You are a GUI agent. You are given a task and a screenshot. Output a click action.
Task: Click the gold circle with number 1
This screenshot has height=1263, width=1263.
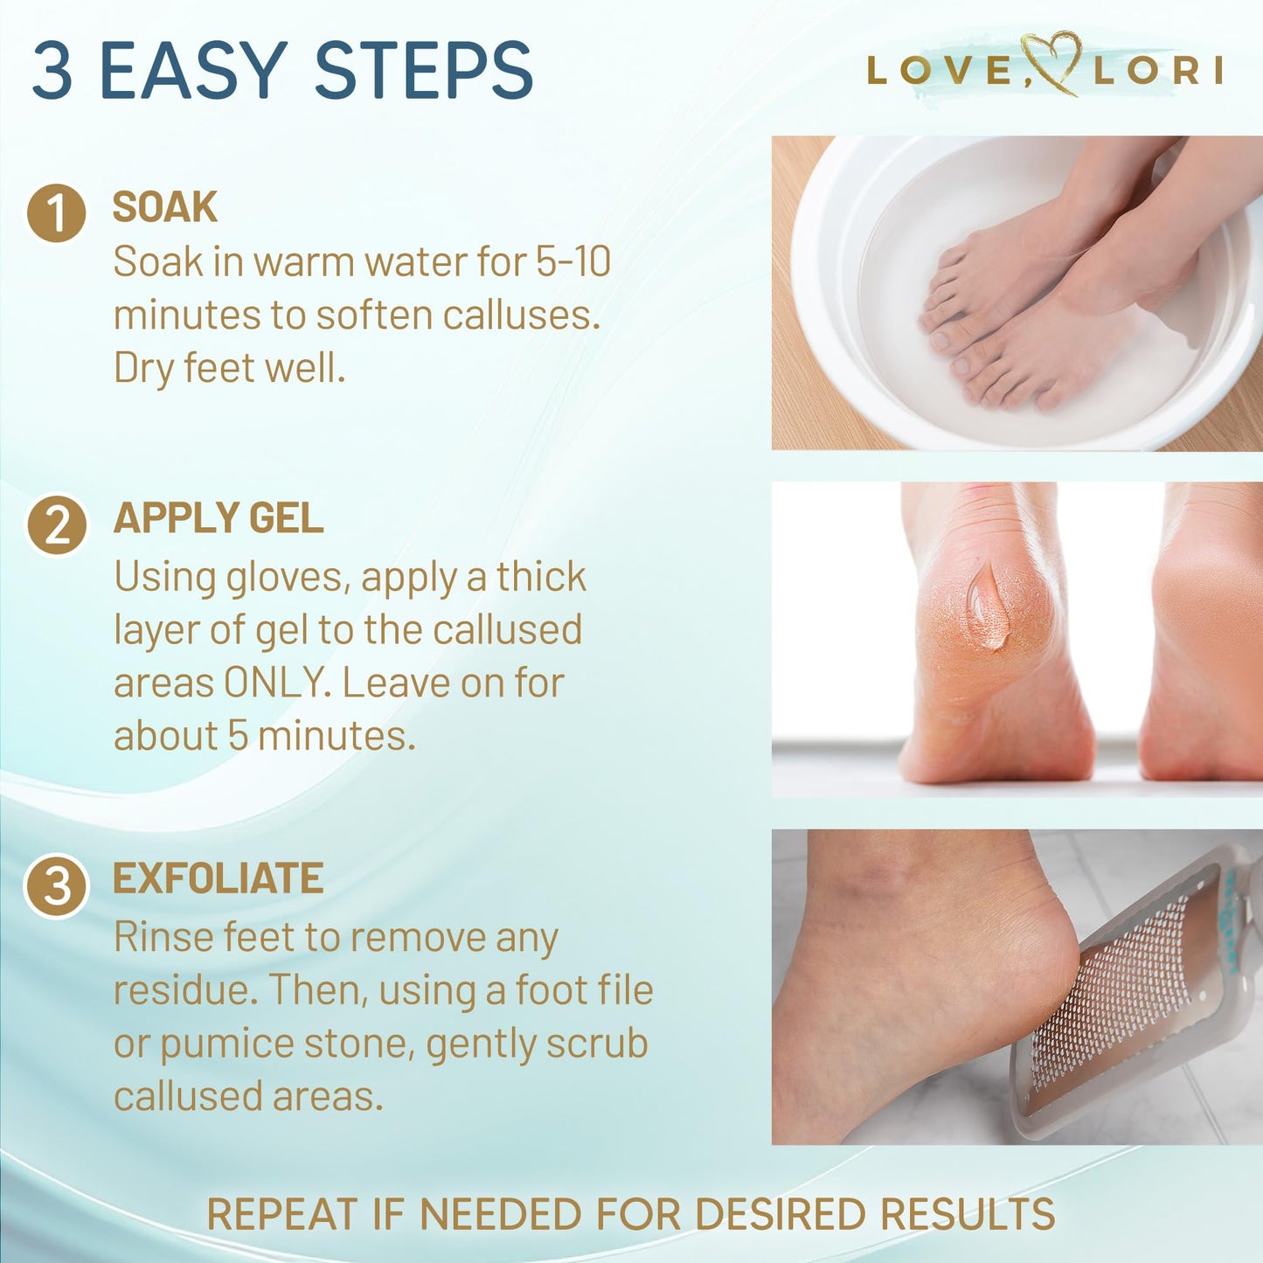coord(57,213)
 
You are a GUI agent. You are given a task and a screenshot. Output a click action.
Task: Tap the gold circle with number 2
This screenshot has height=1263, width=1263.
coord(57,525)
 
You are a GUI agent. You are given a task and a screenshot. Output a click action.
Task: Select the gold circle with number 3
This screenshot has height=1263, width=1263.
coord(57,885)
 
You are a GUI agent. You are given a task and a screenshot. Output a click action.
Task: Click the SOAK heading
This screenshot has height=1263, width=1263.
coord(165,207)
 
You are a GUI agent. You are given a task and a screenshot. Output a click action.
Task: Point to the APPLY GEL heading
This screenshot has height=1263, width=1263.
coord(219,517)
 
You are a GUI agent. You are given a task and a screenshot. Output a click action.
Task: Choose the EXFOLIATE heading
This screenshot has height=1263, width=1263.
coord(219,878)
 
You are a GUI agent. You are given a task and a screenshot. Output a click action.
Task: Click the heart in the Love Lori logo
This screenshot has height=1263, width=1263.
coord(1051,63)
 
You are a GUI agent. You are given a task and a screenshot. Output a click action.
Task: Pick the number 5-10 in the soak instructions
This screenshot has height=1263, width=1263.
coord(573,261)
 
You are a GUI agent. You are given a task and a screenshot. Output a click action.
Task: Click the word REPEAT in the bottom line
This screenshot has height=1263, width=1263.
coord(282,1214)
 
